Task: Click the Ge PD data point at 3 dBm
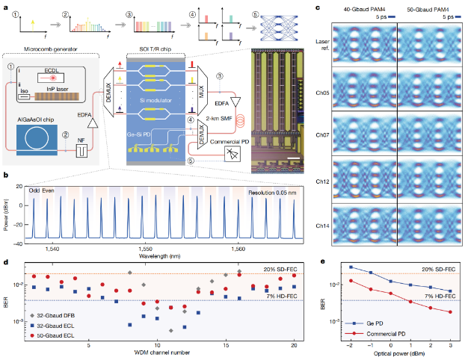450,291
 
